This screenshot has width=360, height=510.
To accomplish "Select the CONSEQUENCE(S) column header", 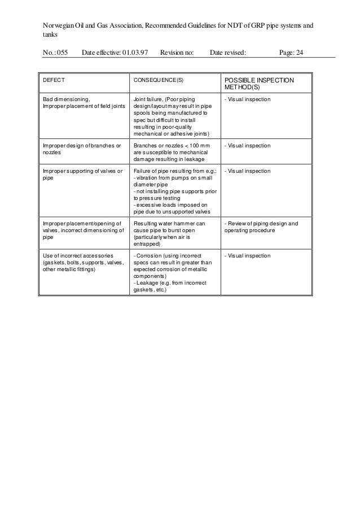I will click(158, 80).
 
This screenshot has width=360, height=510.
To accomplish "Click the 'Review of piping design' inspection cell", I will click(261, 226).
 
